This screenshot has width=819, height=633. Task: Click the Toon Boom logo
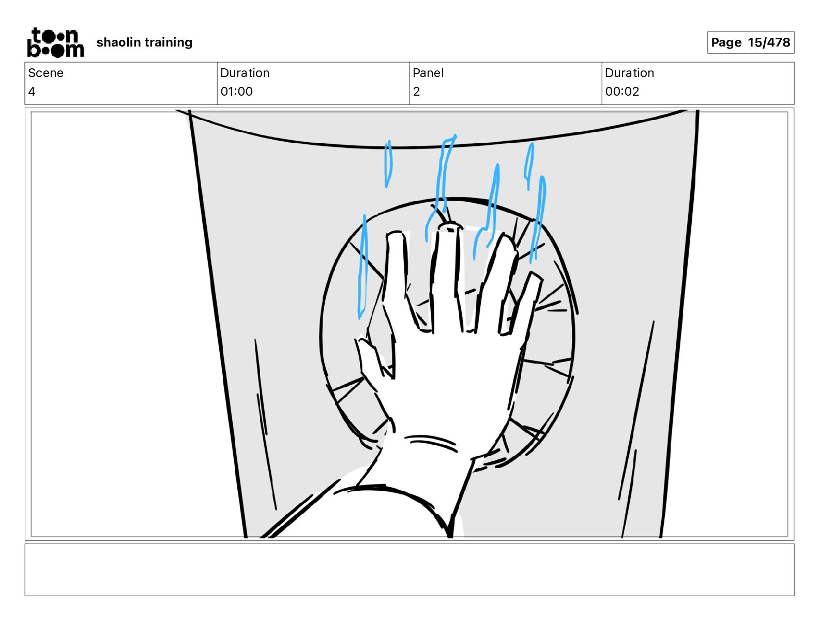pos(55,42)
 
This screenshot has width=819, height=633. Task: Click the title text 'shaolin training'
pos(144,42)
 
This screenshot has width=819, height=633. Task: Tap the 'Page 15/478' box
pos(750,42)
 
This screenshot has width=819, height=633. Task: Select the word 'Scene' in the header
pos(45,73)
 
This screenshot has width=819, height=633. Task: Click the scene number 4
pos(32,92)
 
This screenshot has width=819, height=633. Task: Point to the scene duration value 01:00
pos(236,92)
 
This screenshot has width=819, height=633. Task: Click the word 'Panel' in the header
pos(428,73)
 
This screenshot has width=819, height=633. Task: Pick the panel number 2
pos(416,92)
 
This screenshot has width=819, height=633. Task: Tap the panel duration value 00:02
pos(622,92)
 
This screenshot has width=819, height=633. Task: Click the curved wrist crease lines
pos(431,443)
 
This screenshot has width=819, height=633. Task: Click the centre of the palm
pos(450,378)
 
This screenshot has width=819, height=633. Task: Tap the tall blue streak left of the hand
pos(362,266)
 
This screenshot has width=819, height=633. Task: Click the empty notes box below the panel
pos(409,569)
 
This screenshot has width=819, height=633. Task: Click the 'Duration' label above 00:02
pos(629,73)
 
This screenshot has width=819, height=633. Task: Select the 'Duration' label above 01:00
pos(245,73)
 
